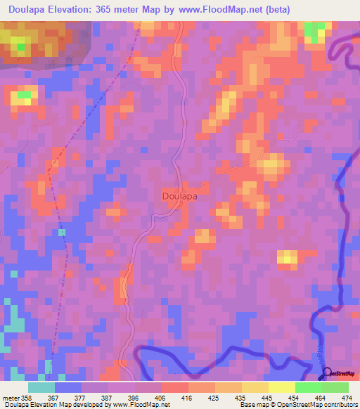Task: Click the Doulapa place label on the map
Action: click(x=179, y=197)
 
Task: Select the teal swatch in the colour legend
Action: click(x=41, y=387)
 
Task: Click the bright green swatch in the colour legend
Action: click(x=308, y=387)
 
